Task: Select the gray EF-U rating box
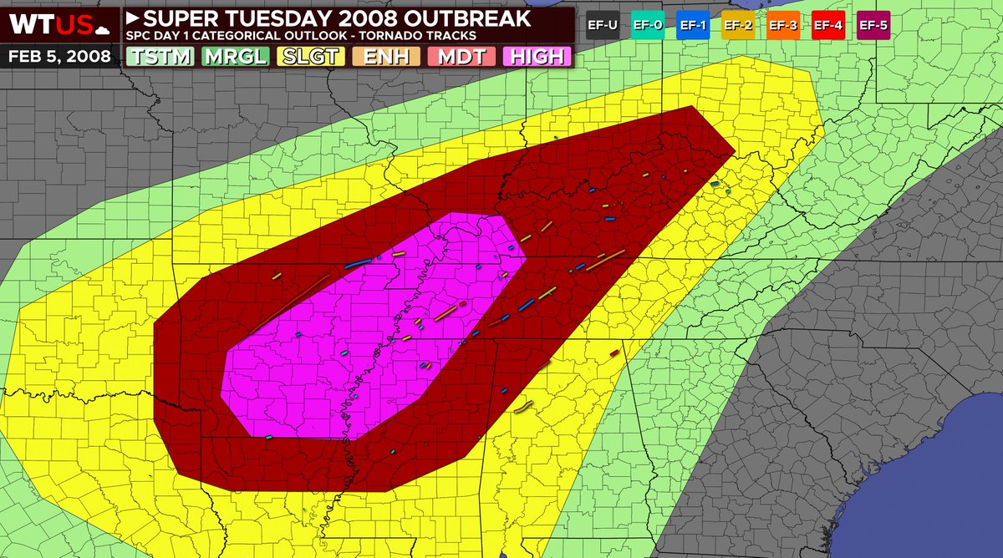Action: click(603, 25)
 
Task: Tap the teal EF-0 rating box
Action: click(649, 25)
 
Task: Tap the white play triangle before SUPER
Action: click(134, 17)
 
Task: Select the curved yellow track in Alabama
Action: click(523, 408)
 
